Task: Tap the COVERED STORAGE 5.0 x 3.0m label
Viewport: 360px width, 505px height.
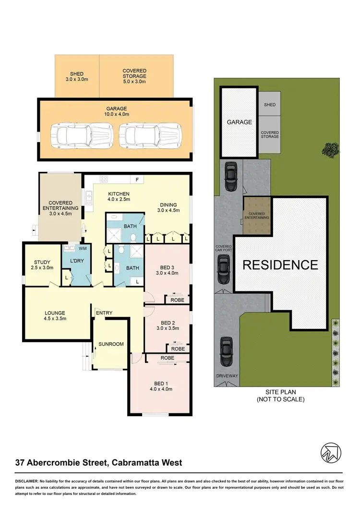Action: click(134, 76)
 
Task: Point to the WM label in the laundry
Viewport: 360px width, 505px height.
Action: click(82, 249)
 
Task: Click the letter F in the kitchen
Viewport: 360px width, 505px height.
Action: click(137, 180)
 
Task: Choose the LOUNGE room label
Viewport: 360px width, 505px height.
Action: click(55, 315)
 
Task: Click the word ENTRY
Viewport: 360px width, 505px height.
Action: click(104, 313)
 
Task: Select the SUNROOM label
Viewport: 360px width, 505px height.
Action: click(111, 344)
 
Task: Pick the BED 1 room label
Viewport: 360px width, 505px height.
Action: click(160, 386)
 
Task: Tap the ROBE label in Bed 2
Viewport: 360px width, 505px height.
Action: click(178, 349)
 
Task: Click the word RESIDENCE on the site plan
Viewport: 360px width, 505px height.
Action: click(280, 265)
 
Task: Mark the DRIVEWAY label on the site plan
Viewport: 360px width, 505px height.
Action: click(227, 376)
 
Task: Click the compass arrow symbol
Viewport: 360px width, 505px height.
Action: click(332, 452)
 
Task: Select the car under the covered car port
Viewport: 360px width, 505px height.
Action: click(224, 270)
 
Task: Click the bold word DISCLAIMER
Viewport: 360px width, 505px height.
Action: click(29, 481)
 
